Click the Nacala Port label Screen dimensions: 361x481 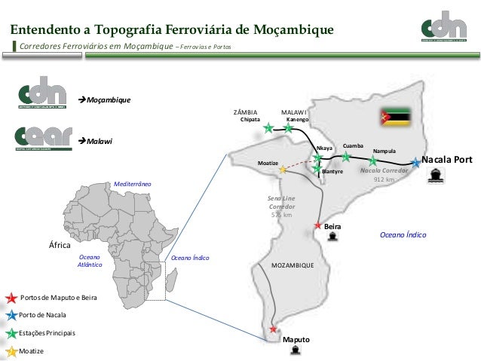447,160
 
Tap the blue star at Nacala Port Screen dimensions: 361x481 415,162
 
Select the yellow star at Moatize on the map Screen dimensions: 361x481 283,170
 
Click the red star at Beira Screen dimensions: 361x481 318,225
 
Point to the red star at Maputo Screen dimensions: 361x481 273,329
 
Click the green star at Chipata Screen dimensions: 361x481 269,128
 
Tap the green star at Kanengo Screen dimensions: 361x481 288,128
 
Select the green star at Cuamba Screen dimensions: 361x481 346,157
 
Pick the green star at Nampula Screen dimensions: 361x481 372,161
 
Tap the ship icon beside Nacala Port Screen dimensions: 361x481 435,175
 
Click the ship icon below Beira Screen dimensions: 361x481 332,236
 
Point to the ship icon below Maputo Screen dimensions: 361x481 295,350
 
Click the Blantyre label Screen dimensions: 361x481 332,172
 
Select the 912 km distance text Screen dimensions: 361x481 384,180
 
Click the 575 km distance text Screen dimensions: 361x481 281,215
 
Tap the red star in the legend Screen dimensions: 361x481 11,298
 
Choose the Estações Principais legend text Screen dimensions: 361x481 47,332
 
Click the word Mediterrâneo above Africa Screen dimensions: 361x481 132,184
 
